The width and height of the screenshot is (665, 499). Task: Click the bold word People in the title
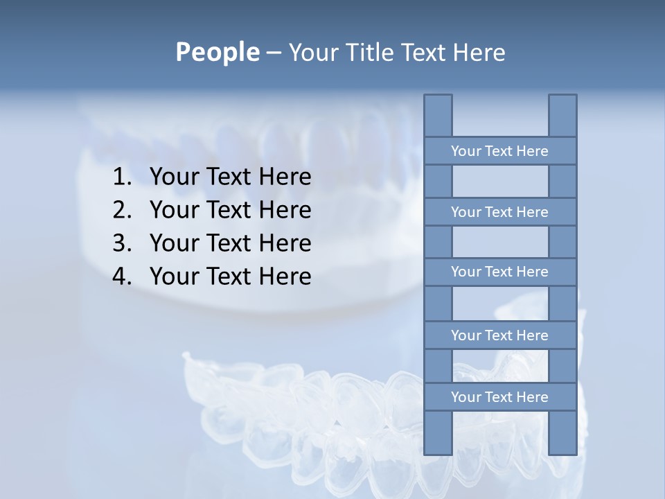217,52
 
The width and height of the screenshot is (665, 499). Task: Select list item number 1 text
230,177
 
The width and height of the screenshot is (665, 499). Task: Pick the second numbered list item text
230,210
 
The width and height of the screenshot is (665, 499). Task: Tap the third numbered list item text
230,243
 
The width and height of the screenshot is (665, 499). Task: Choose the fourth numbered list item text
230,277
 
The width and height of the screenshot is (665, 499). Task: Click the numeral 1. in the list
121,177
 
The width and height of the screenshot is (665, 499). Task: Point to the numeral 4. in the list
121,277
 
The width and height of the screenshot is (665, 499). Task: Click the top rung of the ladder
499,151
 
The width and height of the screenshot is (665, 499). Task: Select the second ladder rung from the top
499,212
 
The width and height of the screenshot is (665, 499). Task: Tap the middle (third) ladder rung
499,272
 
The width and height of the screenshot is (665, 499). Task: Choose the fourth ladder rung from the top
499,335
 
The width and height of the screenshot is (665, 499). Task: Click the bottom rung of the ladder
499,397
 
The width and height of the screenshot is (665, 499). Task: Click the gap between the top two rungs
500,182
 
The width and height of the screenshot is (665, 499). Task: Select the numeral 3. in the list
121,243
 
